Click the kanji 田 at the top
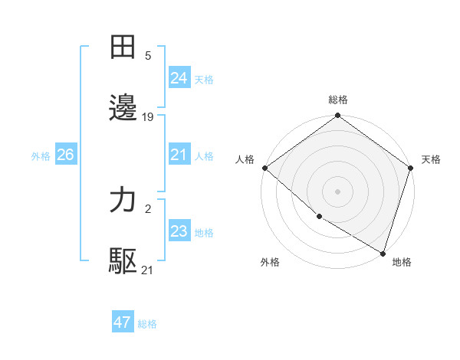123,48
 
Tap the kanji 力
123,201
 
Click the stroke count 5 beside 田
148,56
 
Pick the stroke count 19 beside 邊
148,117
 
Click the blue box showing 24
179,78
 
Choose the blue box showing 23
179,231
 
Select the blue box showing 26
65,155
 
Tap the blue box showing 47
123,322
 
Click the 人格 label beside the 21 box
204,156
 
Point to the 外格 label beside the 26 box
41,156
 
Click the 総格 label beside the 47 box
147,324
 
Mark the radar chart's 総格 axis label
338,100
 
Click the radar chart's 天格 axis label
431,159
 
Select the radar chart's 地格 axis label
402,262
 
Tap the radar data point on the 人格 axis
264,168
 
